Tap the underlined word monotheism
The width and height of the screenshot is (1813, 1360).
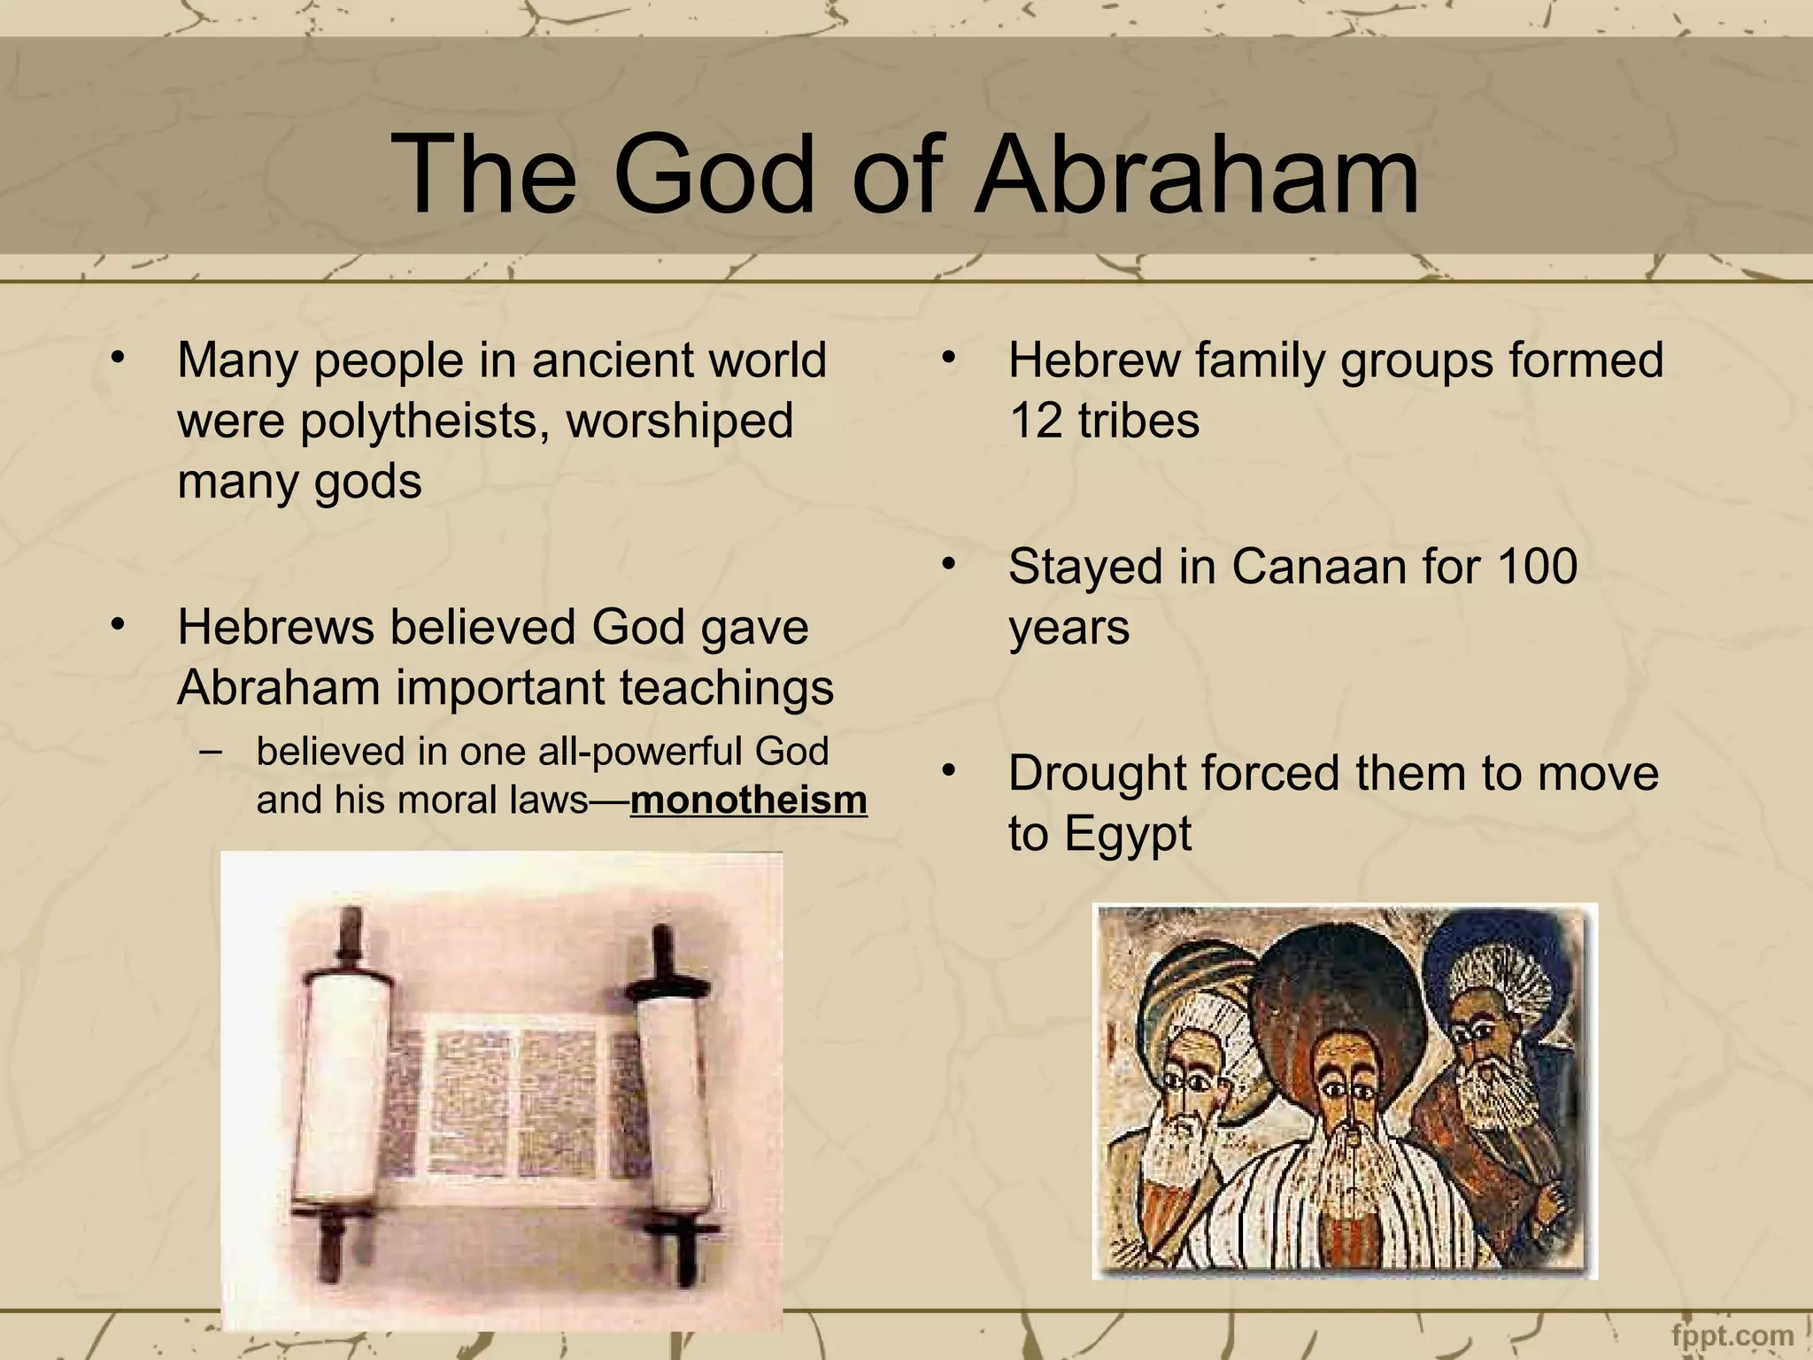pos(748,800)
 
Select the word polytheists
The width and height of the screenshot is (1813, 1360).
pos(418,421)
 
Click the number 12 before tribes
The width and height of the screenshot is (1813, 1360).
pos(1035,421)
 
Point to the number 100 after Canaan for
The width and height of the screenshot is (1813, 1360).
pos(1535,567)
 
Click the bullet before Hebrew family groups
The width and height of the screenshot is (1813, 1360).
pos(948,359)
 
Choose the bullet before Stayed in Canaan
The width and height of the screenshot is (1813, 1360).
pos(948,565)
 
